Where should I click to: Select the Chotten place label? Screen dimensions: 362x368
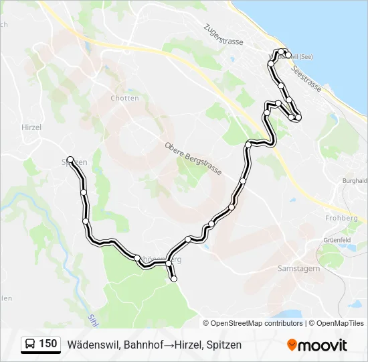(x=124, y=98)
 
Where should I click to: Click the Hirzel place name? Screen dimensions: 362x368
(x=31, y=127)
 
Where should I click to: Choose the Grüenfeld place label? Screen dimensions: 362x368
(x=337, y=240)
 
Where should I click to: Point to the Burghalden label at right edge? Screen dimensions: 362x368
(x=355, y=181)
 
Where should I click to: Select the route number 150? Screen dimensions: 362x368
(x=48, y=345)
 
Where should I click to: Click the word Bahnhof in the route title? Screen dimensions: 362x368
(x=136, y=345)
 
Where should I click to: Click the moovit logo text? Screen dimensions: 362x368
(x=323, y=345)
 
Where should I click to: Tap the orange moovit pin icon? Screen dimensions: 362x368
(x=292, y=345)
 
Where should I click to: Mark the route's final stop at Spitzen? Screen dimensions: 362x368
(x=70, y=160)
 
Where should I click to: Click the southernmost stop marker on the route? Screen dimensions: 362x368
(x=174, y=280)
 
